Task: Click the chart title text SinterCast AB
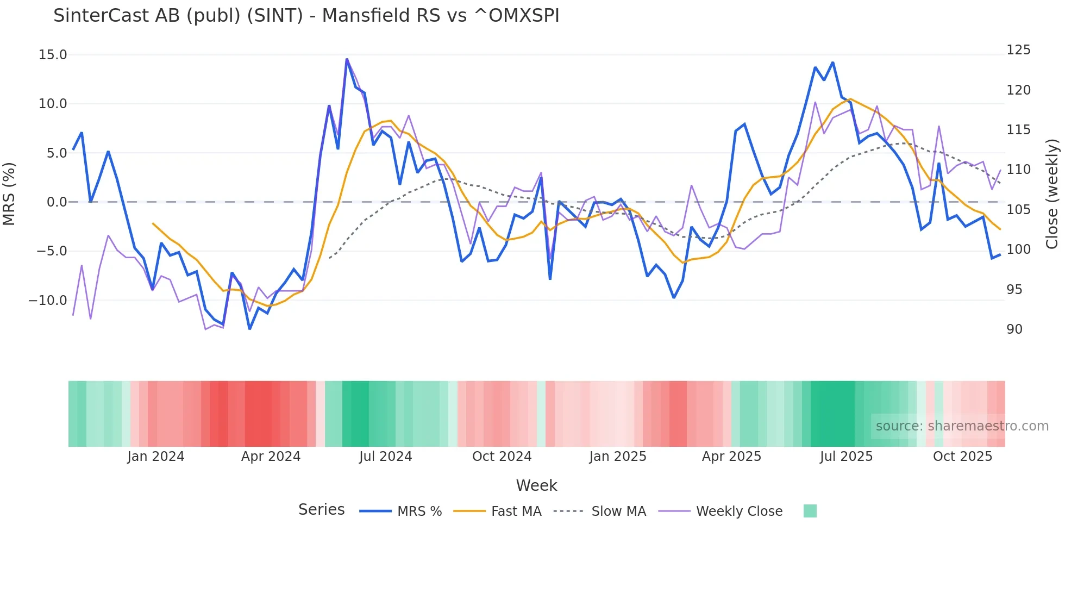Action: coord(306,16)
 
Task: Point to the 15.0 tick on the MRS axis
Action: coord(53,55)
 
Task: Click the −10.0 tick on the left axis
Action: coord(48,300)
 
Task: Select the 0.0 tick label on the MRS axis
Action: coord(57,202)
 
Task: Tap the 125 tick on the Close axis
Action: coord(1018,50)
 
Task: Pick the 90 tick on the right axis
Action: coord(1014,329)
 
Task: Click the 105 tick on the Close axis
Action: coord(1018,209)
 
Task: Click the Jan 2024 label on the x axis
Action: coord(156,457)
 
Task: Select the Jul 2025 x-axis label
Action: coord(846,457)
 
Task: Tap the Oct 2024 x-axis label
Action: coord(502,457)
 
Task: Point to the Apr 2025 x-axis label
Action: coord(731,457)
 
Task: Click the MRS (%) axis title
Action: coord(9,194)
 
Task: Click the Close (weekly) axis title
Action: coord(1053,194)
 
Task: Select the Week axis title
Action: coord(536,485)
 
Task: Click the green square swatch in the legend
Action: coord(810,511)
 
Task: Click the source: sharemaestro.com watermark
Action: coord(962,426)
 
